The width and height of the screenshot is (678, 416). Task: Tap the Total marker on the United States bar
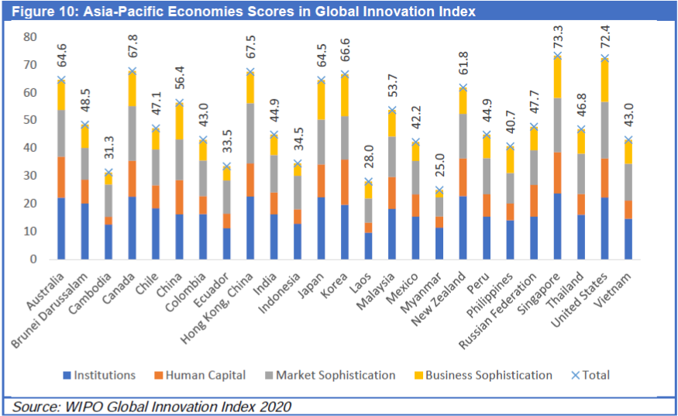[604, 59]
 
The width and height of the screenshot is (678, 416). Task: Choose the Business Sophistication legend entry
[486, 375]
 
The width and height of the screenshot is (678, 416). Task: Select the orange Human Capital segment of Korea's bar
[343, 182]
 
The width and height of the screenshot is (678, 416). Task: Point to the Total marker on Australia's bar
[60, 80]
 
